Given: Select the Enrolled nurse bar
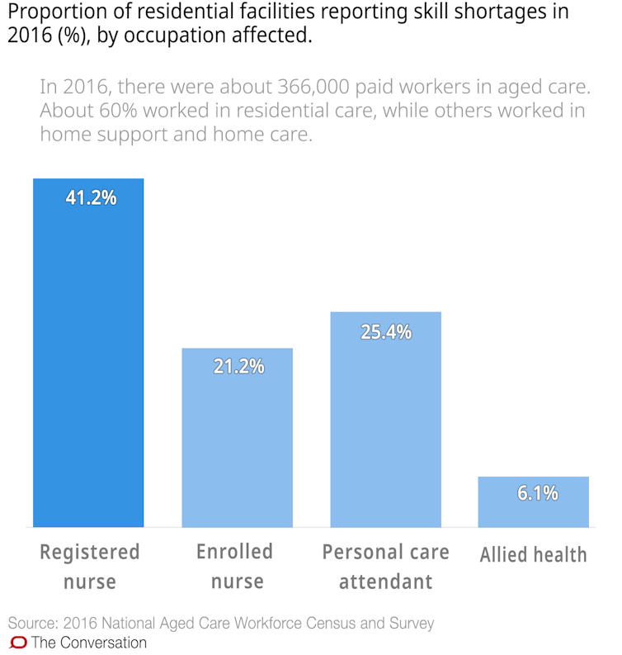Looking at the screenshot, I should point(237,438).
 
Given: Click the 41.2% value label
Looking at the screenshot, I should point(91,198).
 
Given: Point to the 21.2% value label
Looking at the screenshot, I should point(238,366).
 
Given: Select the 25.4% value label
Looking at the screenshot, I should point(386,333).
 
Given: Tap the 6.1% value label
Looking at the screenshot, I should point(538,494).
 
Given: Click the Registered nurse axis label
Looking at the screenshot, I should point(90,566).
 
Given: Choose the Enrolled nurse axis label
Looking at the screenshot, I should point(234,566).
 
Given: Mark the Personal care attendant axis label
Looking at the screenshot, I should point(385,566).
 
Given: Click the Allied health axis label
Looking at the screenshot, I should point(534,554).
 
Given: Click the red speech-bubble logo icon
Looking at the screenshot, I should point(18,643).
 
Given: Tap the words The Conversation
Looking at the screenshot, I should point(89,643).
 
